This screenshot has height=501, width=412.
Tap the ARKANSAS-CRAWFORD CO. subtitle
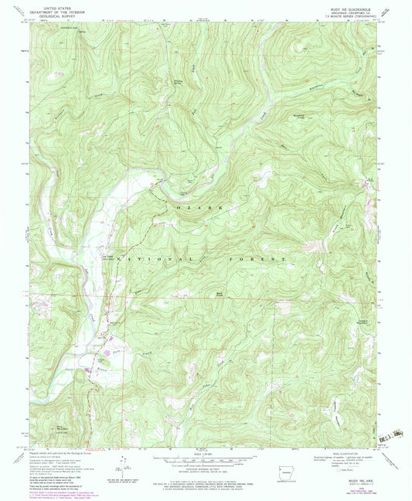[355, 9]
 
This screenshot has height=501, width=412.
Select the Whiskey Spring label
[179, 82]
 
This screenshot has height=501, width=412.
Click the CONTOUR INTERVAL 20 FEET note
[206, 472]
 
